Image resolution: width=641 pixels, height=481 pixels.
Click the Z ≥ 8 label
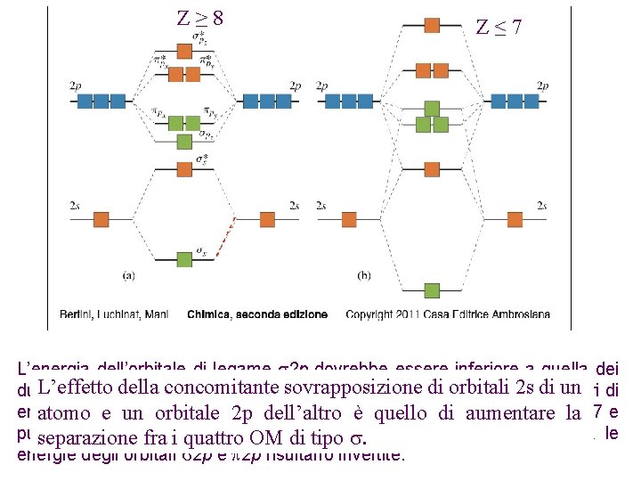[x=199, y=18]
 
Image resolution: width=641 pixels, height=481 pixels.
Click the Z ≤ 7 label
[x=499, y=27]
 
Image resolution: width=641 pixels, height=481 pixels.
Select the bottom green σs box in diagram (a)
[x=184, y=259]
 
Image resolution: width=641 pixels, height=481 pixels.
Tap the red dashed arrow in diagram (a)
[x=225, y=237]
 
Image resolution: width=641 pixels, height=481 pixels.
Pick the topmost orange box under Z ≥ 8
[x=184, y=50]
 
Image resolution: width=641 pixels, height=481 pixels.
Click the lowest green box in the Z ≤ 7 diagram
[x=432, y=289]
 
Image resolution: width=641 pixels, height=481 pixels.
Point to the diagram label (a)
[x=128, y=275]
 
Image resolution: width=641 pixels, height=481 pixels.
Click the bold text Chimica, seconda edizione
[x=257, y=314]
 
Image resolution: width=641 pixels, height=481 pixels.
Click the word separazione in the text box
[x=82, y=438]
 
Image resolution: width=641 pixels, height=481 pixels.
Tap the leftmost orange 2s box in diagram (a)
[x=101, y=218]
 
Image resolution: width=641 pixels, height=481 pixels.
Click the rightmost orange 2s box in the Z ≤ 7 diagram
[x=514, y=218]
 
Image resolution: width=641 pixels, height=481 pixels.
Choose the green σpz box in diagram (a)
[x=184, y=141]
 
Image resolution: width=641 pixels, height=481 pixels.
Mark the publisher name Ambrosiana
[x=519, y=314]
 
